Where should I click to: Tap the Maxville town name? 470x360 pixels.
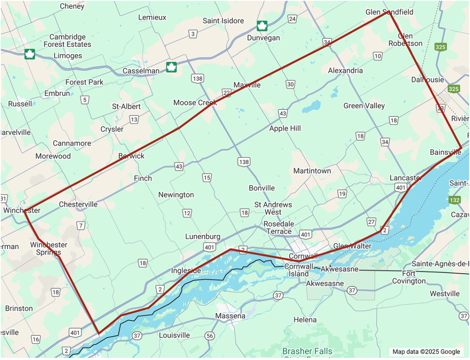(x=247, y=85)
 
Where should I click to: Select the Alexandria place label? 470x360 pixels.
(x=345, y=70)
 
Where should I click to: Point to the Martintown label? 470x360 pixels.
(x=312, y=171)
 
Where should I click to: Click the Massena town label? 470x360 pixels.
(x=230, y=316)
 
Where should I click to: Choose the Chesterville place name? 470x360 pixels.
(x=78, y=204)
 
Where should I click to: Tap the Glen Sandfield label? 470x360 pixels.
(x=389, y=12)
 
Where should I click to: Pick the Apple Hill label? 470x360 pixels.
(x=285, y=129)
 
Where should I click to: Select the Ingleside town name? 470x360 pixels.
(x=186, y=270)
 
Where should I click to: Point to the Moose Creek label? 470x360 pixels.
(x=195, y=102)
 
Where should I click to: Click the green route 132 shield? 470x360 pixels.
(x=454, y=200)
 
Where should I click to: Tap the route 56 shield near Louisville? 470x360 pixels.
(x=210, y=336)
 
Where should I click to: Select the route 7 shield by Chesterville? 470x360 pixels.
(x=81, y=225)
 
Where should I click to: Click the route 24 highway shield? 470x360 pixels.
(x=292, y=19)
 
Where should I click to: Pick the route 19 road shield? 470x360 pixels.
(x=342, y=194)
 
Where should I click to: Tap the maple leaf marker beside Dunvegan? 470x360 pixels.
(x=262, y=25)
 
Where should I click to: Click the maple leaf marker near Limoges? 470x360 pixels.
(x=30, y=54)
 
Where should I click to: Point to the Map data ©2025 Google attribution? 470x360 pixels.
(x=426, y=352)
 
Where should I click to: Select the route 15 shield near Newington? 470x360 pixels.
(x=207, y=178)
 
